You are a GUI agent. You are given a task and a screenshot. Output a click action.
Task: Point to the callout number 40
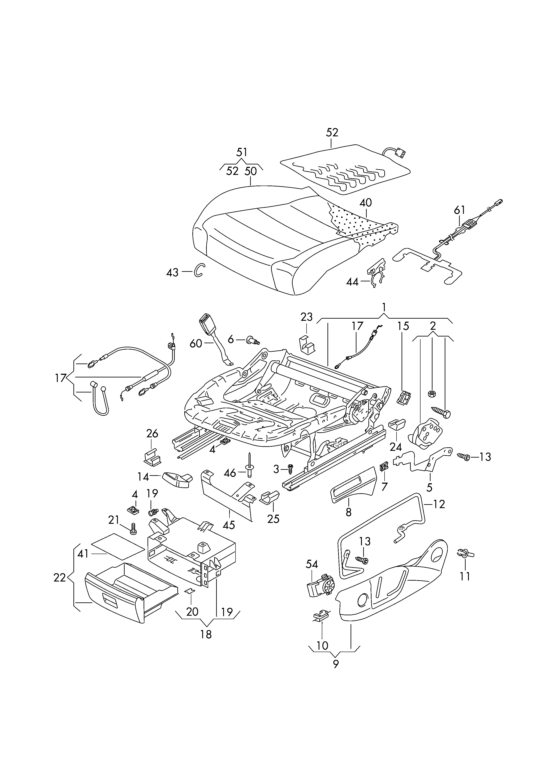[366, 203]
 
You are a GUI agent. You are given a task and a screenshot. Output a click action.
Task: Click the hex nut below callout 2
[431, 394]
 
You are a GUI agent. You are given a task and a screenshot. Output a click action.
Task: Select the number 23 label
[307, 317]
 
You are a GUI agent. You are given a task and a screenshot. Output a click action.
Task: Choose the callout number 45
[229, 525]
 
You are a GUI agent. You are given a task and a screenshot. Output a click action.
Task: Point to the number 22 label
[60, 578]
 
